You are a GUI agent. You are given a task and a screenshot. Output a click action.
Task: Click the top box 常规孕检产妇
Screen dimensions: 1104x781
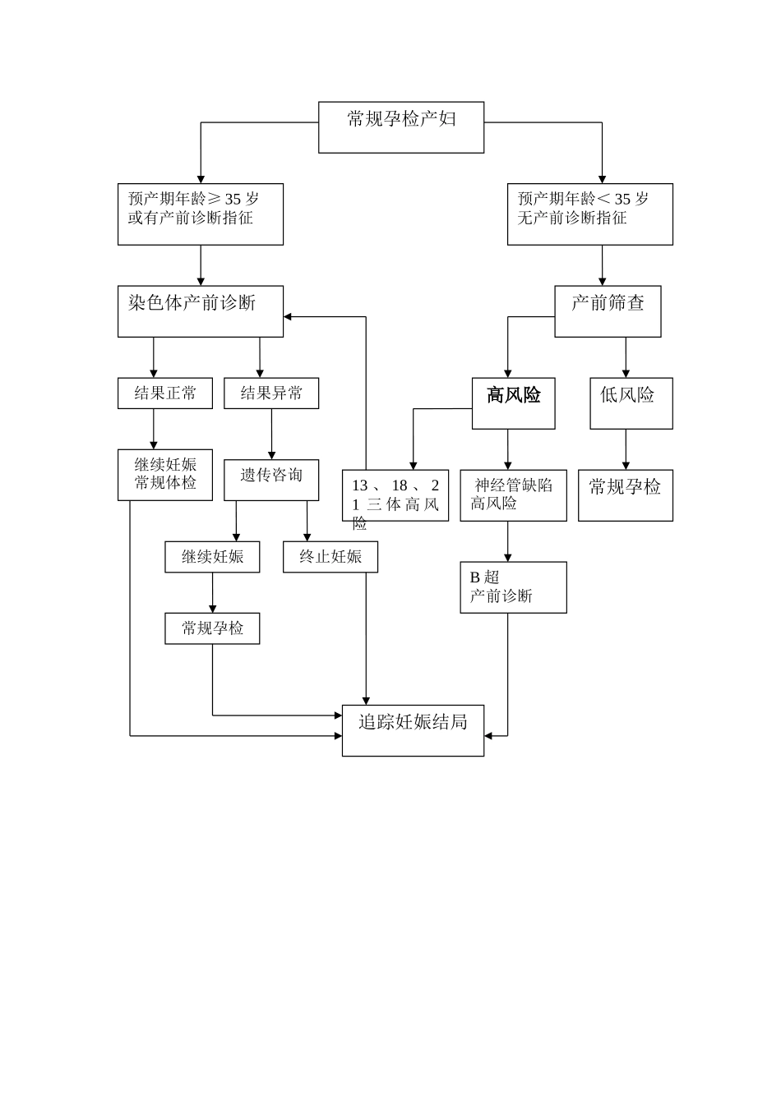tap(401, 127)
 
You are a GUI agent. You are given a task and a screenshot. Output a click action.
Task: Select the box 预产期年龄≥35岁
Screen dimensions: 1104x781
tap(201, 214)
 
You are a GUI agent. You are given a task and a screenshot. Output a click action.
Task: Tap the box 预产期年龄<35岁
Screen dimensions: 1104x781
tap(589, 214)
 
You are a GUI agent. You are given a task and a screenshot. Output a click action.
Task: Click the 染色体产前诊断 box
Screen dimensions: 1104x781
tap(201, 311)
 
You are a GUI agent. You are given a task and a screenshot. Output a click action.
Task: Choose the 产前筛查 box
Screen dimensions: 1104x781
tap(608, 311)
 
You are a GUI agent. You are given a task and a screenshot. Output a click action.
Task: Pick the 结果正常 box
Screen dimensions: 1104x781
tap(165, 393)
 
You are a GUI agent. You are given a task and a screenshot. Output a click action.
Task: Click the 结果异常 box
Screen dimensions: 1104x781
tap(271, 393)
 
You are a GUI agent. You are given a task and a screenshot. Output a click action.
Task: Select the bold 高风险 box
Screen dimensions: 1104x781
tap(513, 403)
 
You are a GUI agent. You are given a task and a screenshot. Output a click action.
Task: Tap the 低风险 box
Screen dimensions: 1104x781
tap(631, 403)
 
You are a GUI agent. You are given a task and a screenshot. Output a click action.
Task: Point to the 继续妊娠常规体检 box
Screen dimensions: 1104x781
tap(165, 475)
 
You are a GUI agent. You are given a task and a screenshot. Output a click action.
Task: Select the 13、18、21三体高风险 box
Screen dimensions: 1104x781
tap(395, 495)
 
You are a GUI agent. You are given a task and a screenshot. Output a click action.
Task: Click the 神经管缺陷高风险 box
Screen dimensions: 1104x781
tap(513, 495)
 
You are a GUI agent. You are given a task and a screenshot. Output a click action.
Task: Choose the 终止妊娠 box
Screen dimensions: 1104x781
tap(330, 557)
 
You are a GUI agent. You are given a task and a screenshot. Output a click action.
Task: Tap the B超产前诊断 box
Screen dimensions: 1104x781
tap(513, 587)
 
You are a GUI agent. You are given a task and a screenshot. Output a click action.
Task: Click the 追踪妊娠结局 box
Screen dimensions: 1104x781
tap(413, 730)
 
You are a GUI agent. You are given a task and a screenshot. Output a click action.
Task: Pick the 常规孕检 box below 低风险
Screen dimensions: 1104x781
tap(625, 495)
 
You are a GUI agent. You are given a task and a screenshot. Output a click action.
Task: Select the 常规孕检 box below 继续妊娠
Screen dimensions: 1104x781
tap(212, 628)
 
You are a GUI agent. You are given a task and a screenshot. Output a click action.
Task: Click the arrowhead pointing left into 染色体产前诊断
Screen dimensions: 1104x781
tap(289, 317)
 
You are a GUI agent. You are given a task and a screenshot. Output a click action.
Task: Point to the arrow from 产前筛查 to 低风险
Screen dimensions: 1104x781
tap(626, 357)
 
